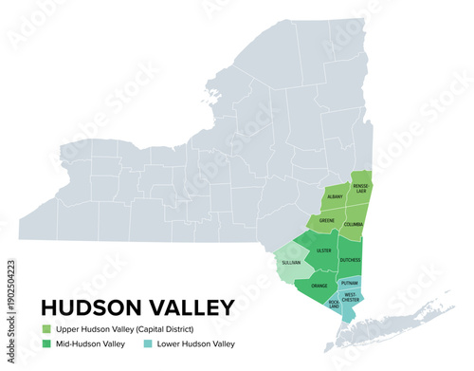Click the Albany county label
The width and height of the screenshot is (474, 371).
(335, 196)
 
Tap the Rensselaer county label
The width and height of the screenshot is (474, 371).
(360, 189)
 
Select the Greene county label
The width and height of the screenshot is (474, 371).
(327, 220)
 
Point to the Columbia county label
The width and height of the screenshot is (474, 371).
(354, 224)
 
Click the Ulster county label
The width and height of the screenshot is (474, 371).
(324, 250)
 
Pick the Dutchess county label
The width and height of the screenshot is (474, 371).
(350, 259)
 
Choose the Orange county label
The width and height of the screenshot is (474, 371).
(319, 286)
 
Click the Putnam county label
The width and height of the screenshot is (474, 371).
(350, 282)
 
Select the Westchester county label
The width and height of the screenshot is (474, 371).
(351, 297)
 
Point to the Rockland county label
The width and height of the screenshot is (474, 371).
(334, 304)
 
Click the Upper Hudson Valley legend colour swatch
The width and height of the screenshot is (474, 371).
(46, 328)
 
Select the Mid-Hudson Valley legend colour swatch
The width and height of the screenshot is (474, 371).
(46, 344)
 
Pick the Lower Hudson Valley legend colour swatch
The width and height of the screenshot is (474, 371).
(148, 344)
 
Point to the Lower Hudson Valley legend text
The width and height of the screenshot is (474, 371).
(196, 344)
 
